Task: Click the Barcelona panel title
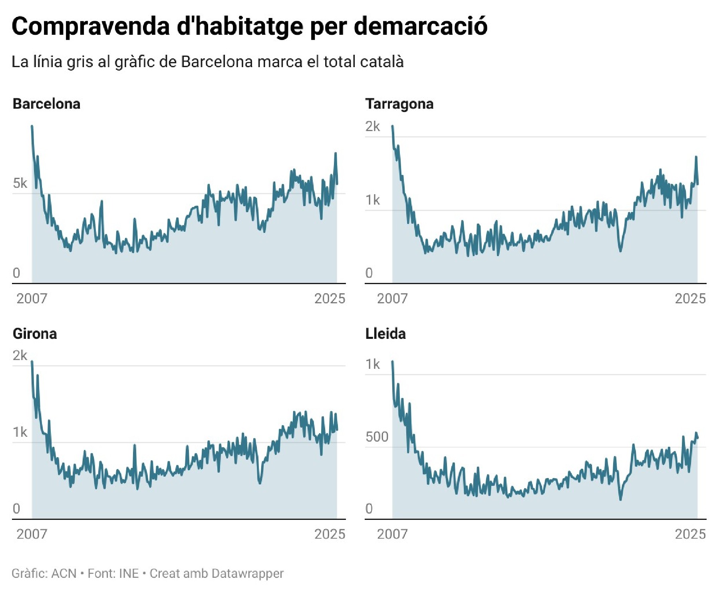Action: tap(46, 104)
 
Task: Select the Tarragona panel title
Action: tap(399, 104)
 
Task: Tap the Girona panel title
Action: tap(35, 334)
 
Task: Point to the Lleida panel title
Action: tap(385, 334)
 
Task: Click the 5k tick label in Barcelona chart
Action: tap(20, 183)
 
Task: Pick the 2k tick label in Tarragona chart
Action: tap(373, 127)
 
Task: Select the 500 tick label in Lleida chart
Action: tap(377, 437)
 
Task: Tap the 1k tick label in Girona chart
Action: tap(20, 432)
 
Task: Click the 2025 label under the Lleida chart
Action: tap(690, 534)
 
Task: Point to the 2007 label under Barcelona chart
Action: tap(32, 298)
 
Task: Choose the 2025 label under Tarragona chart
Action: tap(690, 298)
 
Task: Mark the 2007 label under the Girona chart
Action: tap(32, 534)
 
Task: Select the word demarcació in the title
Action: tap(421, 26)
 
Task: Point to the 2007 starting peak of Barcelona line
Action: tap(32, 126)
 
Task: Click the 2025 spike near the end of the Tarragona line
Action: tap(696, 157)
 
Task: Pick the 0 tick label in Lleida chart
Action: tap(369, 509)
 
